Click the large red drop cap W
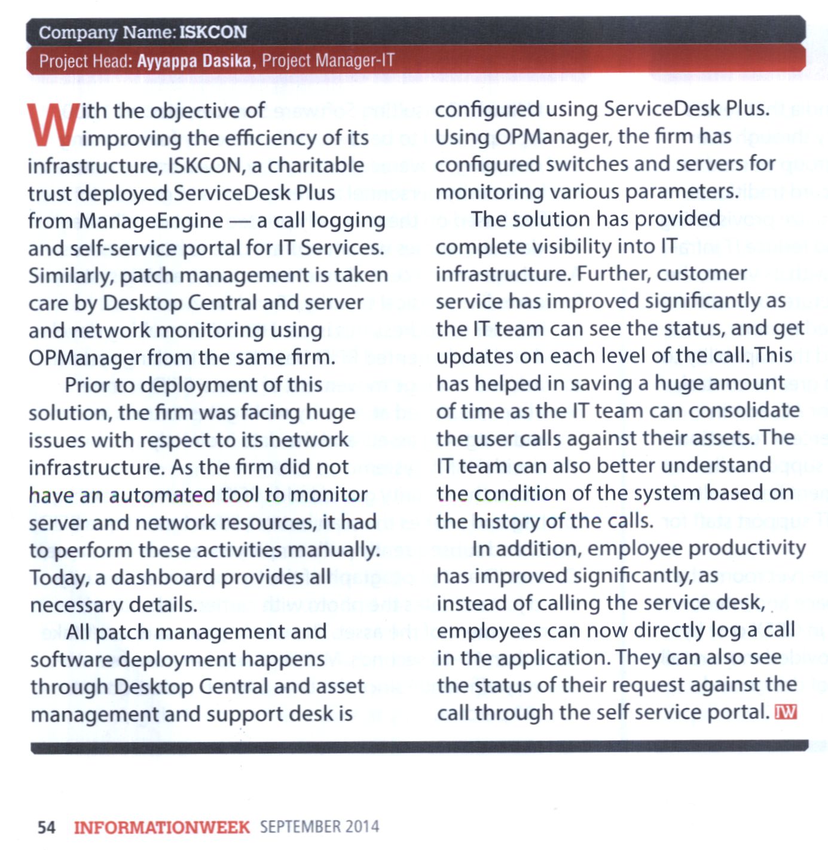[53, 125]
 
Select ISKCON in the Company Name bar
[213, 32]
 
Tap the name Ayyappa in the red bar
[163, 61]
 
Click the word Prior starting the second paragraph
[87, 385]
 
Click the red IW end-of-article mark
[786, 712]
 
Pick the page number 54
[47, 827]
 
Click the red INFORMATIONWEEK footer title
[161, 827]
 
